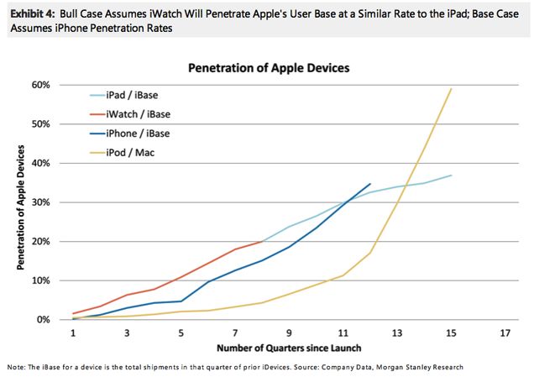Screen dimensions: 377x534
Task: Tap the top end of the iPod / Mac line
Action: click(452, 88)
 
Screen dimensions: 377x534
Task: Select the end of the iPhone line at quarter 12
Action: click(370, 183)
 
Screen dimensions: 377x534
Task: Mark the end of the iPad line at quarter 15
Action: click(452, 175)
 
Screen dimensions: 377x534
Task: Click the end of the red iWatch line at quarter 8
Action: click(263, 241)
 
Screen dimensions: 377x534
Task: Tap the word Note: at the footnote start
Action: click(13, 367)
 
